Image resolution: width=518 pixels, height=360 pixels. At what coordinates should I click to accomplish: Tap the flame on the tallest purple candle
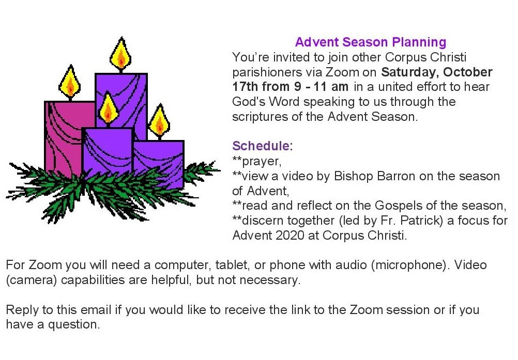tap(120, 54)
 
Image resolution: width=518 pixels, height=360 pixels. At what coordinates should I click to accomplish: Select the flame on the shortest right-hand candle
tap(160, 121)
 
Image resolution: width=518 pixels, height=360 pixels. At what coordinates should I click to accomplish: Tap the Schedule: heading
tap(262, 146)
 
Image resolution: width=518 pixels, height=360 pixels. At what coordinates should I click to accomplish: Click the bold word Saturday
tap(410, 72)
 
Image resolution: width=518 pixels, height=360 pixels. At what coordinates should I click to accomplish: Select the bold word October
tap(467, 72)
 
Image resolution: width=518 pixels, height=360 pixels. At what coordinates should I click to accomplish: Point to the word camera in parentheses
tap(32, 280)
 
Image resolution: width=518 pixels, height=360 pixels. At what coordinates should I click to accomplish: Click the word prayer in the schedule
tap(261, 162)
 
